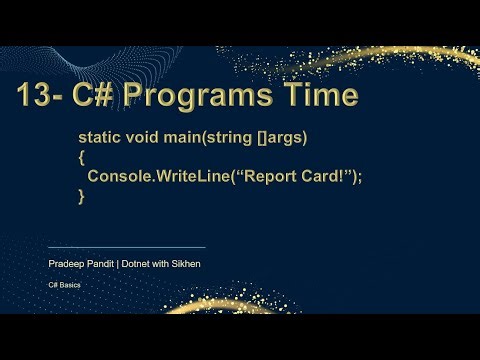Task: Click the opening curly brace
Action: tap(82, 156)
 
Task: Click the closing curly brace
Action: tap(82, 197)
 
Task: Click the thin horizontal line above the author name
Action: tap(126, 247)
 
